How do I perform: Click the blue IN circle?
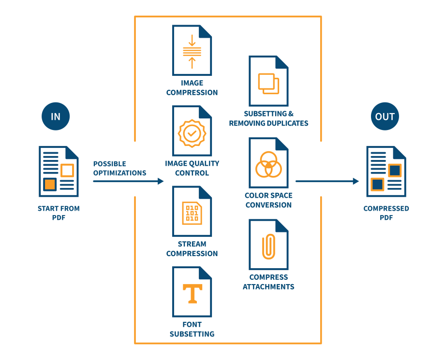tap(55, 116)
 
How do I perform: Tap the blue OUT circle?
tap(385, 116)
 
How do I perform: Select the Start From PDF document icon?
tap(58, 171)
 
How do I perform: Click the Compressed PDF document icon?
tap(386, 171)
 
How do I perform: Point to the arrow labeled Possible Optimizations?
tap(128, 181)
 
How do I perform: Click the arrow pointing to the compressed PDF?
tap(327, 181)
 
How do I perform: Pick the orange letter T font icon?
tap(192, 293)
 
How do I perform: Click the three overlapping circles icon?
tap(268, 164)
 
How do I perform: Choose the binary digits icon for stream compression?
tap(192, 213)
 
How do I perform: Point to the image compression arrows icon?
tap(192, 51)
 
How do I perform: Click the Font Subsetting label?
tap(192, 329)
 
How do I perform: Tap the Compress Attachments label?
tap(268, 282)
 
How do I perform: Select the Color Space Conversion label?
tap(268, 200)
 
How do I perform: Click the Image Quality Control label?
tap(192, 168)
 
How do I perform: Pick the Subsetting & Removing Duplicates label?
tap(268, 118)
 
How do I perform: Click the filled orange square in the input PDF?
tap(50, 184)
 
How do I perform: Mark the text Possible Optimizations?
tap(119, 168)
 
